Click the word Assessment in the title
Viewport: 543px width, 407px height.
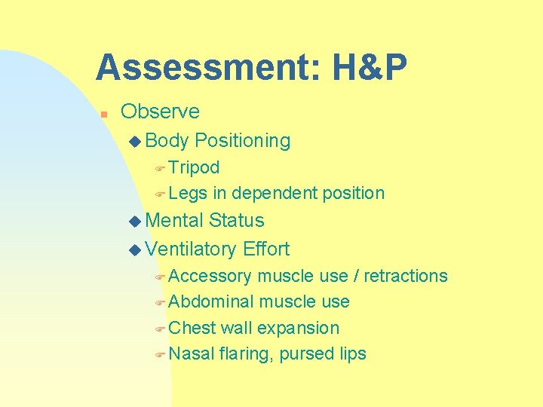click(197, 68)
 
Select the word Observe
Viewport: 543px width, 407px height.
click(160, 112)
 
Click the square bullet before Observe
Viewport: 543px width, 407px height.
click(105, 114)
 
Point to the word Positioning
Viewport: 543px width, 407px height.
click(242, 141)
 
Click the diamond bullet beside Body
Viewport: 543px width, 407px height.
click(135, 141)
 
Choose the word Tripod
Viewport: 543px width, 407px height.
click(194, 167)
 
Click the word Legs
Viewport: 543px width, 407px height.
click(188, 194)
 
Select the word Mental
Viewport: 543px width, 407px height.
click(174, 221)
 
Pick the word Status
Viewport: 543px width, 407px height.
click(237, 221)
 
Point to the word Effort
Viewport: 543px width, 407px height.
click(266, 249)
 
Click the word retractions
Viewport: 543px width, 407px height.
click(406, 277)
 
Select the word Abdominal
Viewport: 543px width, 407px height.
click(211, 302)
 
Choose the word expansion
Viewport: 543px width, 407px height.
click(299, 329)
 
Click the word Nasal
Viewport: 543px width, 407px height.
click(192, 354)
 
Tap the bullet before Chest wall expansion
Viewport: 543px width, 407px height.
click(159, 329)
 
